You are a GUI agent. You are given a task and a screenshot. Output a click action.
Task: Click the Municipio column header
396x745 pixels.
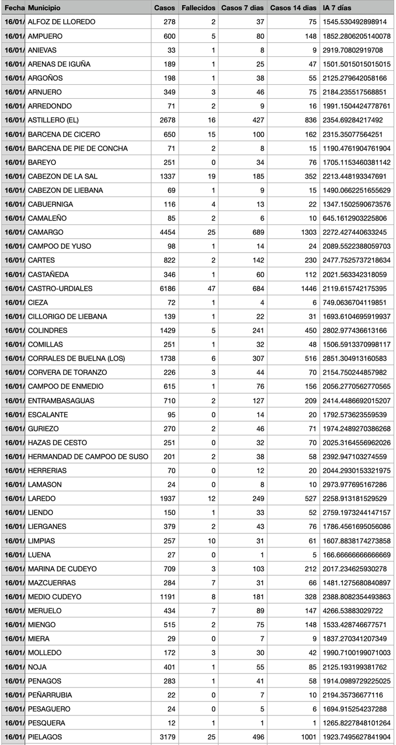coord(44,8)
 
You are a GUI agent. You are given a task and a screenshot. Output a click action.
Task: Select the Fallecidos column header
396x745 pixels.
coord(198,8)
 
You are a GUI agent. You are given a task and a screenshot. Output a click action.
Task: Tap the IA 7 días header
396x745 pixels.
coord(336,8)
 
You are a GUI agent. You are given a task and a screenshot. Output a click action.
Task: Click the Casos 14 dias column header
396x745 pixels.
coord(293,8)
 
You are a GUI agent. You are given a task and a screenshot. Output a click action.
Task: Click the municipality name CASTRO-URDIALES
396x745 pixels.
coord(60,288)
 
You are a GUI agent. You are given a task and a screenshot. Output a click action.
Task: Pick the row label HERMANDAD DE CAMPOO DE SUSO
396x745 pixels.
coord(88,456)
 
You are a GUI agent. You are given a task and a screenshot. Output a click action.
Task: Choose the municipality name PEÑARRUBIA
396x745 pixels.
coord(50,695)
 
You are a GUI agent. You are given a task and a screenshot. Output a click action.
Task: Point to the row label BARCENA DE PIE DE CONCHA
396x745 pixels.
coord(78,148)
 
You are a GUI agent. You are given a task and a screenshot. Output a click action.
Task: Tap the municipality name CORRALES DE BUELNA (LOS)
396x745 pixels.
coord(76,358)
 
